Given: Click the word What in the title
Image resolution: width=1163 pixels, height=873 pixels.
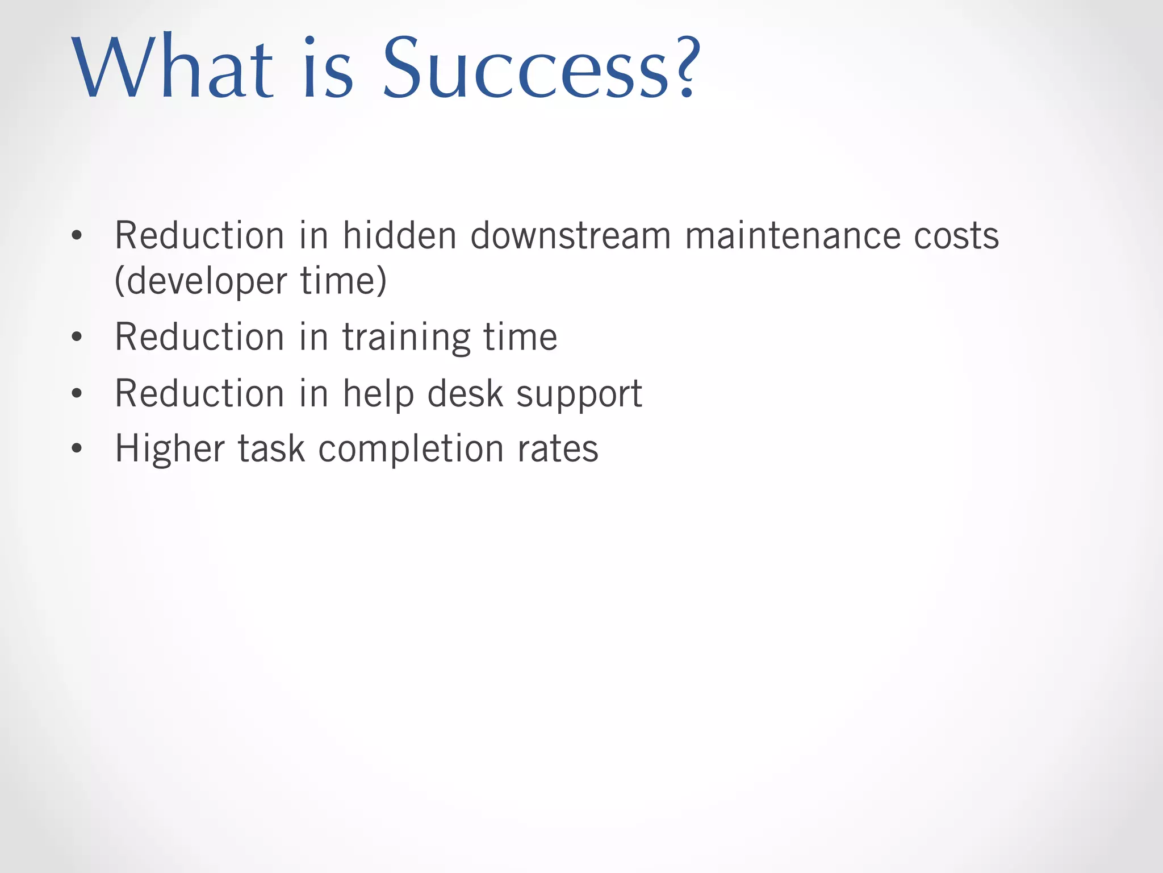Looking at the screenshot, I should [x=173, y=68].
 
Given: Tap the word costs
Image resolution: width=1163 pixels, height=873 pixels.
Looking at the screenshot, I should [x=956, y=236].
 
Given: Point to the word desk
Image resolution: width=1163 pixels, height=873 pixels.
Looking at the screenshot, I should [x=465, y=393].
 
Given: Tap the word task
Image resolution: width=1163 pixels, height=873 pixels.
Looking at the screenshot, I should [x=271, y=449].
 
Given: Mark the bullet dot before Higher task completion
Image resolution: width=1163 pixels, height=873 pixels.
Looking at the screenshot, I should [x=77, y=449].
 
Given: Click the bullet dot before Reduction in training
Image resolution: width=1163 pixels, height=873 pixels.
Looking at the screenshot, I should [x=77, y=338].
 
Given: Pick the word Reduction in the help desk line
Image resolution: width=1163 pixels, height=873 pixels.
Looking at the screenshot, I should [x=199, y=393].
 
